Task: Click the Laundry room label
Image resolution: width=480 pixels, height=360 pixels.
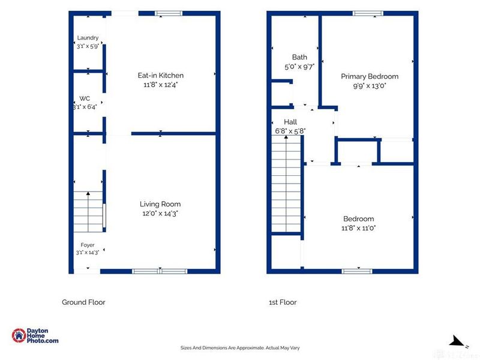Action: pyautogui.click(x=88, y=38)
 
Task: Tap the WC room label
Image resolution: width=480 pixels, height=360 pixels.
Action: pyautogui.click(x=85, y=98)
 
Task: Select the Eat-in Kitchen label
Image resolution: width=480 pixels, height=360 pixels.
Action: pyautogui.click(x=161, y=76)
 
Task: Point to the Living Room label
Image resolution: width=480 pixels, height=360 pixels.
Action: pyautogui.click(x=160, y=204)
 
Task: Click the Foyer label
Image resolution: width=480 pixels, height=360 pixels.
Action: pyautogui.click(x=88, y=245)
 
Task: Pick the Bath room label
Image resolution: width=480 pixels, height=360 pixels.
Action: pyautogui.click(x=299, y=57)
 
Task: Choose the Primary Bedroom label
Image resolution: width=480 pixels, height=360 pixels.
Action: pyautogui.click(x=370, y=77)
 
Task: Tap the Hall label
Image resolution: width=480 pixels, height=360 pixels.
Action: pyautogui.click(x=290, y=122)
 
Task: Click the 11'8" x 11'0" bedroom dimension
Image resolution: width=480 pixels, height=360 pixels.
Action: pyautogui.click(x=358, y=228)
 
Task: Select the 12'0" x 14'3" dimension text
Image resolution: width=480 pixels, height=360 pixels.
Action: pyautogui.click(x=160, y=214)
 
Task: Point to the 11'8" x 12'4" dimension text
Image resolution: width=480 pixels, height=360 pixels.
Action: pyautogui.click(x=161, y=85)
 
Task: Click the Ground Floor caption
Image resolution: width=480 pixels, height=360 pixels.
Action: pyautogui.click(x=83, y=302)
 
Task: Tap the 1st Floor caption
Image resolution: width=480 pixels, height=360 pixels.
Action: pyautogui.click(x=283, y=302)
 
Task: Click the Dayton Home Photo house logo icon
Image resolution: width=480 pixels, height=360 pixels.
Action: pyautogui.click(x=19, y=335)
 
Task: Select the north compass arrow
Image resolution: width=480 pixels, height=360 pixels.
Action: pyautogui.click(x=458, y=341)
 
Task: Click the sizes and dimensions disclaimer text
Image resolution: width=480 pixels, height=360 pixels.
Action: pyautogui.click(x=240, y=348)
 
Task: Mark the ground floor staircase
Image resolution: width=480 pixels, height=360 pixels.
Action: pyautogui.click(x=88, y=212)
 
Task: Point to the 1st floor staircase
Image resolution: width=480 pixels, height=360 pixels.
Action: pyautogui.click(x=286, y=184)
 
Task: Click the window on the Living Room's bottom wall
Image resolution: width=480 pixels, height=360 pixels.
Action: pyautogui.click(x=160, y=271)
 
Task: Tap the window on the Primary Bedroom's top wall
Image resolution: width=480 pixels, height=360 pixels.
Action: pyautogui.click(x=368, y=13)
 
